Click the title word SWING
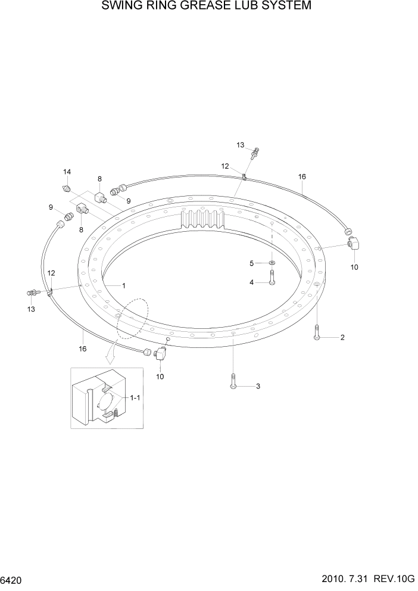pos(124,7)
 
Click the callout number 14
pos(67,172)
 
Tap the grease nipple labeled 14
pos(67,188)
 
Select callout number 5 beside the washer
pos(252,263)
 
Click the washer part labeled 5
pos(272,263)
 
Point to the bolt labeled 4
pos(272,277)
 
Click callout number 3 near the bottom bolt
pos(258,387)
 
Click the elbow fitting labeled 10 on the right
pos(354,244)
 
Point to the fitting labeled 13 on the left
pos(35,292)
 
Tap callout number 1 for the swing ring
pos(124,285)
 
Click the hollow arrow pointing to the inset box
pos(110,357)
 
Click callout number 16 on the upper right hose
pos(302,177)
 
